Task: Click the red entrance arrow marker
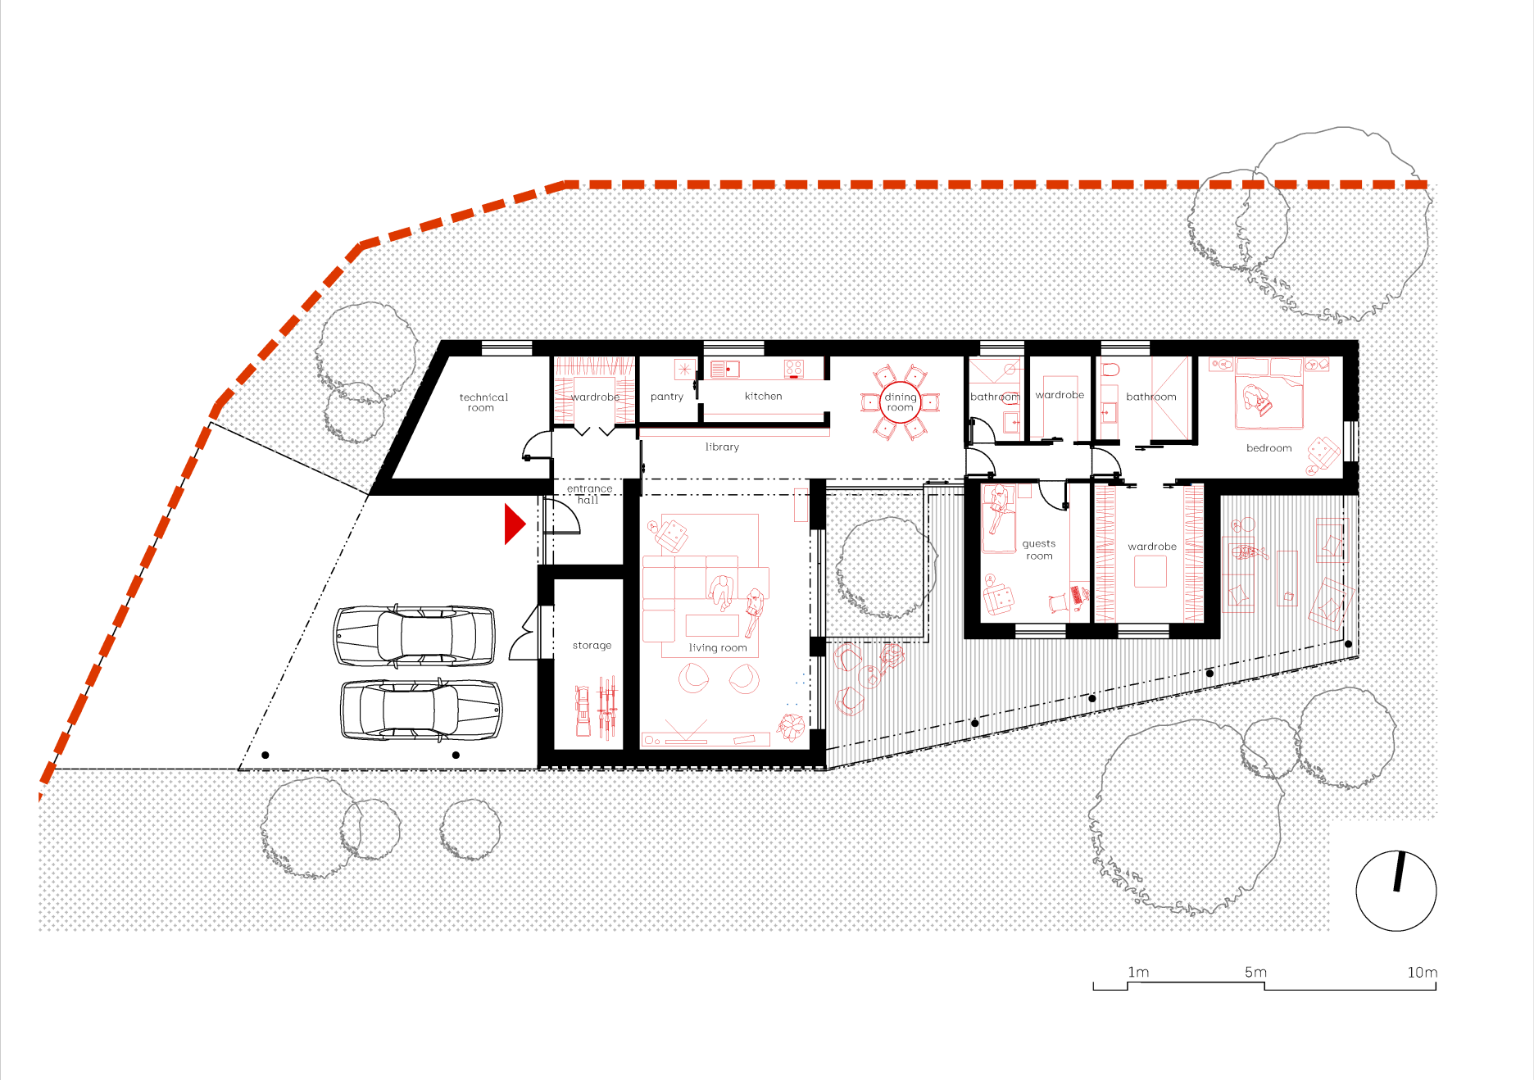pyautogui.click(x=514, y=524)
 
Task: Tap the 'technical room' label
pyautogui.click(x=483, y=402)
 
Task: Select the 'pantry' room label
pyautogui.click(x=667, y=397)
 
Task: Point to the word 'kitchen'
pyautogui.click(x=764, y=396)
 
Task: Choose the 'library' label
pyautogui.click(x=722, y=447)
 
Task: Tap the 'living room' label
pyautogui.click(x=718, y=647)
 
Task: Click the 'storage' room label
pyautogui.click(x=592, y=646)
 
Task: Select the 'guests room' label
pyautogui.click(x=1039, y=549)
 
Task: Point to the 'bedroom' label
pyautogui.click(x=1268, y=448)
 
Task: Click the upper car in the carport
pyautogui.click(x=415, y=636)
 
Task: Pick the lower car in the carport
pyautogui.click(x=421, y=710)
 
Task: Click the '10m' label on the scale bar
pyautogui.click(x=1423, y=973)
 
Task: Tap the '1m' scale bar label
pyautogui.click(x=1138, y=972)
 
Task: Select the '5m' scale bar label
pyautogui.click(x=1255, y=972)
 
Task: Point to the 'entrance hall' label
pyautogui.click(x=589, y=494)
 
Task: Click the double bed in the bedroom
pyautogui.click(x=1268, y=393)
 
